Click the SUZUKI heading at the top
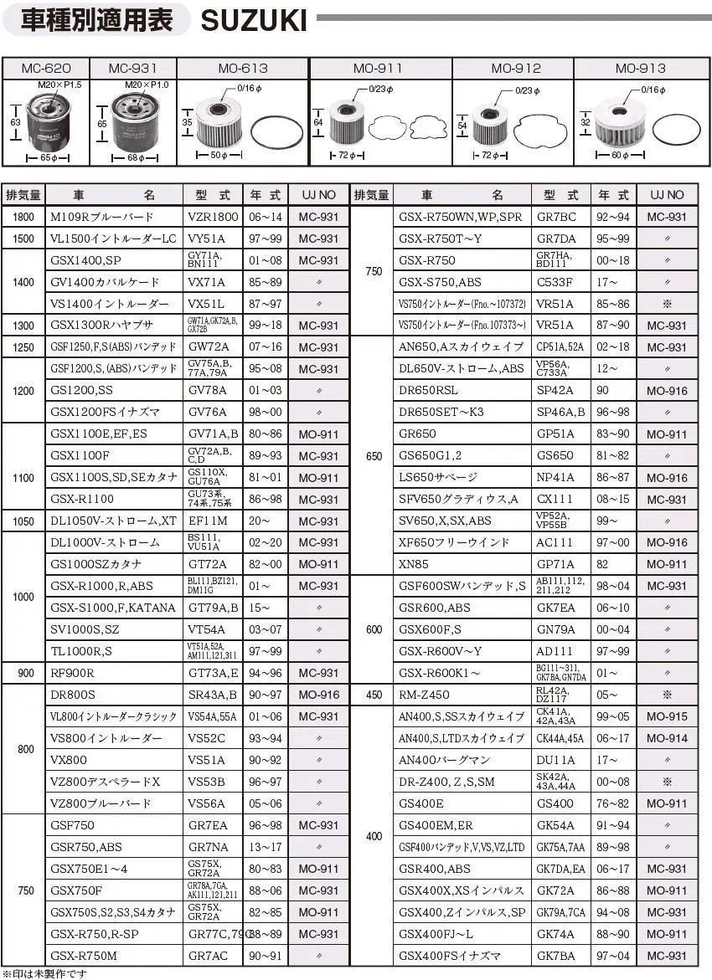point(254,18)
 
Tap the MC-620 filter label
point(45,69)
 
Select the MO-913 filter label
point(640,69)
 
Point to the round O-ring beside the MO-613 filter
point(278,135)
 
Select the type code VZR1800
point(213,217)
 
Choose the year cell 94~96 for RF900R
point(266,673)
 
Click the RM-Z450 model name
point(424,695)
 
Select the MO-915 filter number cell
point(667,716)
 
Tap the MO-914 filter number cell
point(667,738)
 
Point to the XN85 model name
point(414,565)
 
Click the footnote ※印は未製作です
point(45,973)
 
